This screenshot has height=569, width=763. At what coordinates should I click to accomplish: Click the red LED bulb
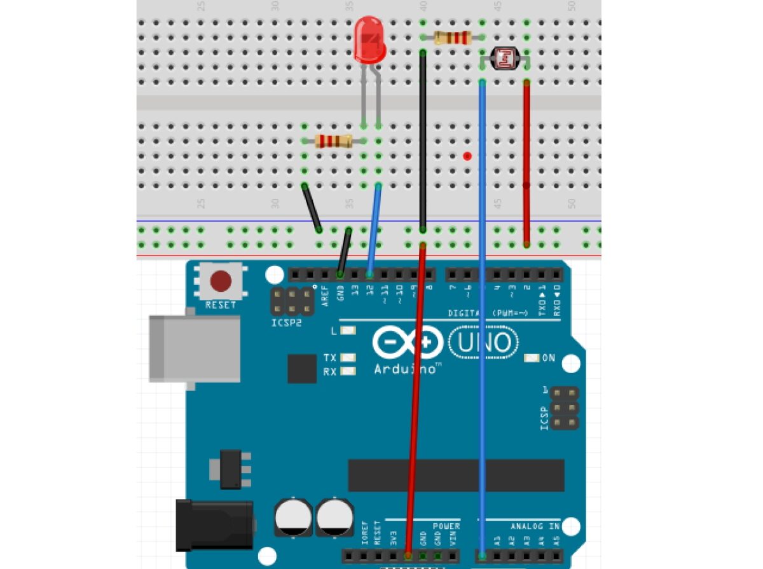370,39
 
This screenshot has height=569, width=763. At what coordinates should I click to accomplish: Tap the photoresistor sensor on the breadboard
504,59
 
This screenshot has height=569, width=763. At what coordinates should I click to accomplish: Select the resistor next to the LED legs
333,141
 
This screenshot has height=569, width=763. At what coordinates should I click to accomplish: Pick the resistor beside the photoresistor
452,38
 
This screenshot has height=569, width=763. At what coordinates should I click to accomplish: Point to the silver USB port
191,349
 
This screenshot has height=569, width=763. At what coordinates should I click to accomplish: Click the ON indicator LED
532,359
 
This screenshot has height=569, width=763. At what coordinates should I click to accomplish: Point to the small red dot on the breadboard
467,156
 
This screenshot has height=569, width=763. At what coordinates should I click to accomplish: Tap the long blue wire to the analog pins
483,318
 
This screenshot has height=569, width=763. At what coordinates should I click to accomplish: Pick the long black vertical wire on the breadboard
423,140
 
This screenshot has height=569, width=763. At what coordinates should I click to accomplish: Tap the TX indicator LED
348,358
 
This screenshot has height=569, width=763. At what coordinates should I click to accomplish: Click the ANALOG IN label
535,526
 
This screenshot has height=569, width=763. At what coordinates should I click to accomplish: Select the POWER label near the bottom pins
446,526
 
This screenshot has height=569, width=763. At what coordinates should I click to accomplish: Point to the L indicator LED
348,331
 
